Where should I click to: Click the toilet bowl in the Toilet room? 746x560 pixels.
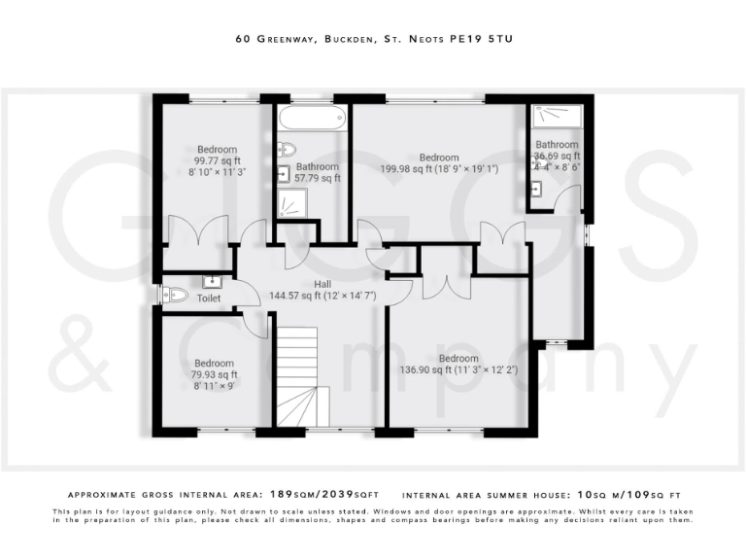[x=175, y=295]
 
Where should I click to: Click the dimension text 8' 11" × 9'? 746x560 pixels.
[x=213, y=385]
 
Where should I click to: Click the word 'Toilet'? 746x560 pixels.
[x=208, y=298]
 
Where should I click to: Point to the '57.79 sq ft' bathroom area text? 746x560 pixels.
[x=318, y=178]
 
